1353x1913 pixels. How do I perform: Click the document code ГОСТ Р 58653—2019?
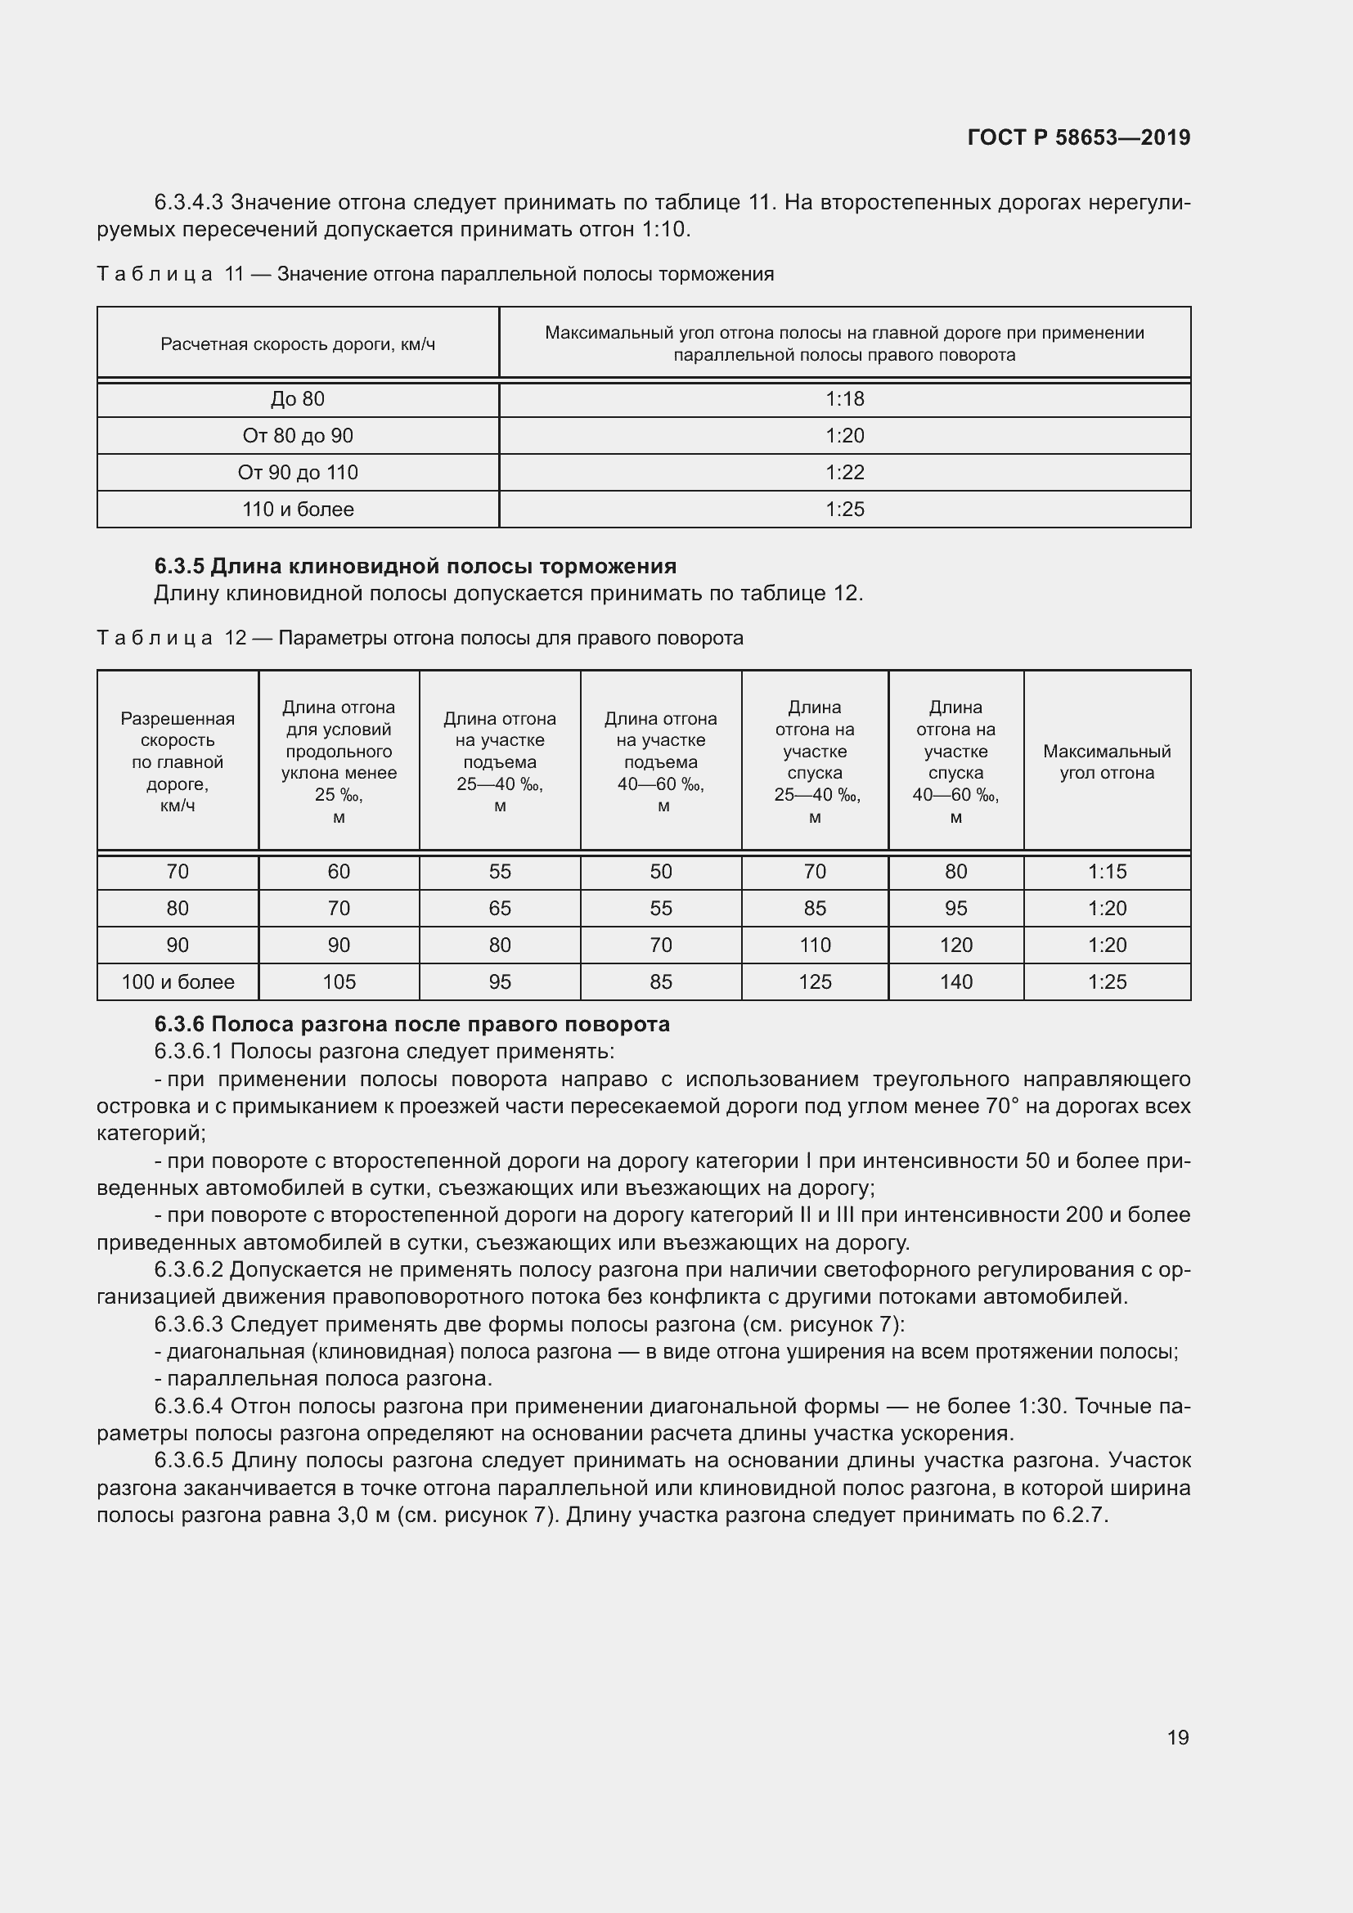pyautogui.click(x=1079, y=137)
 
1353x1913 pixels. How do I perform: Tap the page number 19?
pyautogui.click(x=1177, y=1737)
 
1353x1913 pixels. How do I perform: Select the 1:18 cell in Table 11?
pyautogui.click(x=844, y=399)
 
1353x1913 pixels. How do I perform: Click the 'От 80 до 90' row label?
pyautogui.click(x=298, y=436)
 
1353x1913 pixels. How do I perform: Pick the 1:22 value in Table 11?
pyautogui.click(x=844, y=473)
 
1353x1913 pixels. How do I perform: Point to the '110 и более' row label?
pyautogui.click(x=298, y=509)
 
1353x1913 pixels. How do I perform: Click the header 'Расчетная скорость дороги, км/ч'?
pyautogui.click(x=298, y=344)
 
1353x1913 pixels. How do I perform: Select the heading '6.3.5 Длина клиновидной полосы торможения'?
pyautogui.click(x=415, y=567)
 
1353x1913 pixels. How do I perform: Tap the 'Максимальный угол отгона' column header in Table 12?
pyautogui.click(x=1107, y=761)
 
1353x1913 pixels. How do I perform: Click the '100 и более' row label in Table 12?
pyautogui.click(x=178, y=981)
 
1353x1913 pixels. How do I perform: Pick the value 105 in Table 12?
pyautogui.click(x=339, y=981)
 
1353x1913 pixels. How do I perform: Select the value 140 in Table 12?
pyautogui.click(x=955, y=981)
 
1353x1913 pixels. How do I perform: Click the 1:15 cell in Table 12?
pyautogui.click(x=1107, y=872)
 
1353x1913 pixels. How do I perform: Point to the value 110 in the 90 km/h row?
pyautogui.click(x=814, y=945)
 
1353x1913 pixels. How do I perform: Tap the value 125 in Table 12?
pyautogui.click(x=814, y=981)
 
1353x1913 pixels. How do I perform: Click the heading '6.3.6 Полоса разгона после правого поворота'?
pyautogui.click(x=411, y=1024)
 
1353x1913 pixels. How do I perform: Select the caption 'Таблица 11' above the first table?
pyautogui.click(x=170, y=274)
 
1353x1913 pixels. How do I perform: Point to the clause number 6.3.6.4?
pyautogui.click(x=188, y=1407)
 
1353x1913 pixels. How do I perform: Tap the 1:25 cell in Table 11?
pyautogui.click(x=844, y=509)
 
